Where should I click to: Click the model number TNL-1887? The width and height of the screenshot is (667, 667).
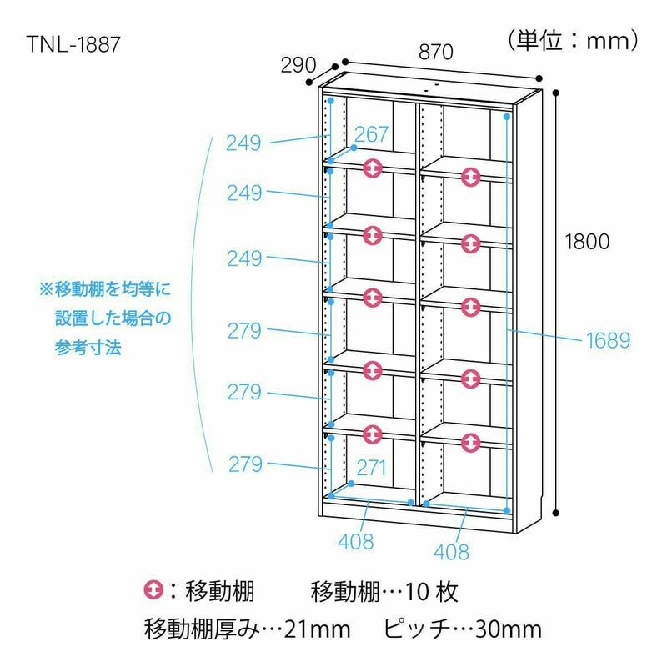click(x=73, y=44)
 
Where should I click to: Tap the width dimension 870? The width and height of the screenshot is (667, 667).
click(x=436, y=53)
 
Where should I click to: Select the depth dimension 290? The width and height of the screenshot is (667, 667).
click(x=298, y=65)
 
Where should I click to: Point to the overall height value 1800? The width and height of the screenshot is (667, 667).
click(x=587, y=242)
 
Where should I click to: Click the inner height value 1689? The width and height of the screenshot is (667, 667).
click(x=609, y=340)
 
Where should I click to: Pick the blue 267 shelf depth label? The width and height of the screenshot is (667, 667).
click(x=371, y=134)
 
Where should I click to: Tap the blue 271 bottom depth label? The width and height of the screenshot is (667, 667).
click(x=371, y=468)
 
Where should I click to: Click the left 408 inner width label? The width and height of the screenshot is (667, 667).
click(x=356, y=541)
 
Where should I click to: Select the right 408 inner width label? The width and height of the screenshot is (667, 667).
click(x=451, y=552)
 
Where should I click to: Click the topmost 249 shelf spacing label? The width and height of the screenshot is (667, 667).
click(x=243, y=143)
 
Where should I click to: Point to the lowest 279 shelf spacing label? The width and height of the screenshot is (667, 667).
click(x=245, y=464)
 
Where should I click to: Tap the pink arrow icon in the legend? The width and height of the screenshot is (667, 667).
click(x=153, y=590)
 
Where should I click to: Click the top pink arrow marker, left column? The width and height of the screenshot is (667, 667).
click(x=373, y=168)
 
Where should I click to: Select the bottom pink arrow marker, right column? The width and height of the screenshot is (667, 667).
click(x=471, y=443)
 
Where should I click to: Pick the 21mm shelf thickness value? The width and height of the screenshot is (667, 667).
click(x=318, y=629)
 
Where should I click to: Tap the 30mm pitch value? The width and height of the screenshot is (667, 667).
click(x=508, y=629)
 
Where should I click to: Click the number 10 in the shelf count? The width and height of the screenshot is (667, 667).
click(x=415, y=592)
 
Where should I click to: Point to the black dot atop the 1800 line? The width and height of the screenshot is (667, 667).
click(x=555, y=93)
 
